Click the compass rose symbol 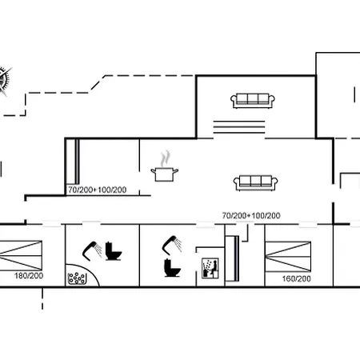coord(4,81)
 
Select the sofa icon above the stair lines coord(253,101)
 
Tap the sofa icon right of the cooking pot coord(255,183)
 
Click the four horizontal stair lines coord(239,127)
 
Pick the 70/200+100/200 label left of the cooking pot coord(98,190)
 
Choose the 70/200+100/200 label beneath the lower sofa coord(251,215)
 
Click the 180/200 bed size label coord(29,276)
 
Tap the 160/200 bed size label coord(297,278)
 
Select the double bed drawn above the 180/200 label coord(21,255)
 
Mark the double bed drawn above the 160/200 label coord(288,256)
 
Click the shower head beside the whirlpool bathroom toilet coord(92,250)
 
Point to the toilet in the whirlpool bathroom coord(114,251)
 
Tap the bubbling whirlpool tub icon coord(78,278)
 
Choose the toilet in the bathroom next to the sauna coord(172,268)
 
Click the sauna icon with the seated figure coord(210,268)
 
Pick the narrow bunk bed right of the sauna coord(232,258)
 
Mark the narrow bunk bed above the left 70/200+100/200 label coord(73,162)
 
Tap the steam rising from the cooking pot coord(165,158)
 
